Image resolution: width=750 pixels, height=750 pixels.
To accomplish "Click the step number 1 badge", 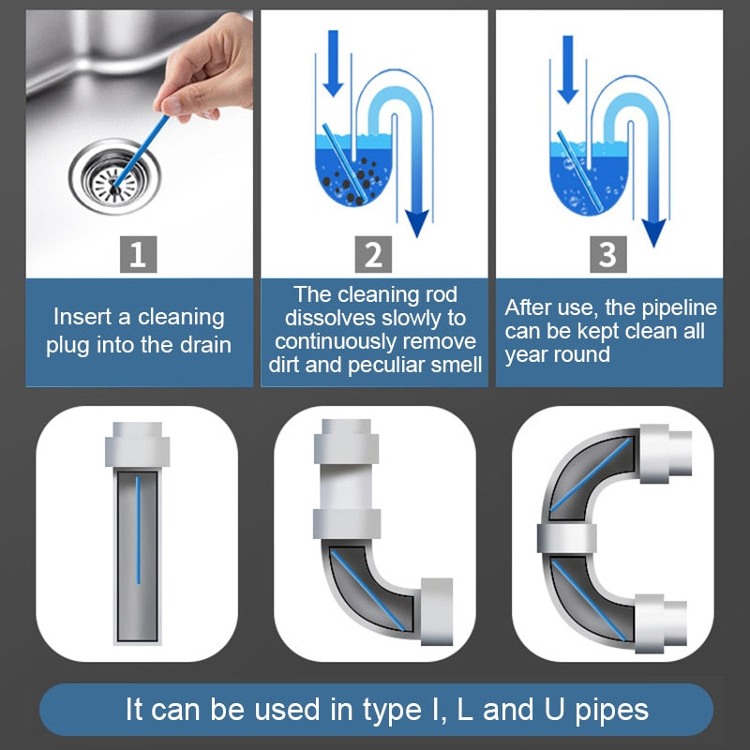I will click(138, 254).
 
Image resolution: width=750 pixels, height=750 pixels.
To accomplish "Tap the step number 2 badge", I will click(373, 254).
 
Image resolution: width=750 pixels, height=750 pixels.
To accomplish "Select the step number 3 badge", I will click(607, 254).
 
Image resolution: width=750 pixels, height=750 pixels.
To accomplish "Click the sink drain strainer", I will click(112, 175).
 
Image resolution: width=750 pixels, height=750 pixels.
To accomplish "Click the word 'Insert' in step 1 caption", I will click(86, 317).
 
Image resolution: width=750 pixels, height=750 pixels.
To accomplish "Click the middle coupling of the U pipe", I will click(568, 538).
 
